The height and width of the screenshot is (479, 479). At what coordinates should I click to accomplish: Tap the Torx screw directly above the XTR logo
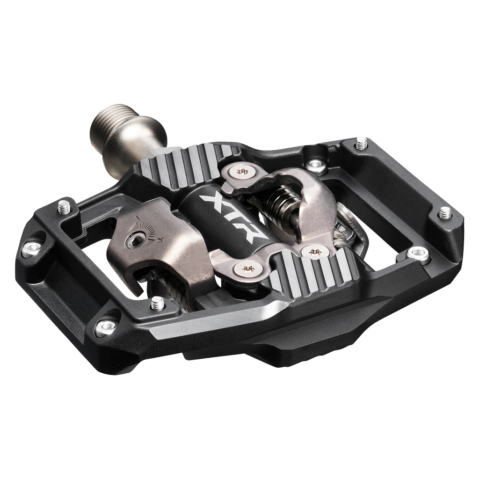(x=242, y=172)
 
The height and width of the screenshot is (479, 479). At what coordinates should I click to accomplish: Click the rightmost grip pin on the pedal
(x=445, y=213)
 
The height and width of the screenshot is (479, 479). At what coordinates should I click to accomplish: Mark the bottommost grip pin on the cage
(x=157, y=305)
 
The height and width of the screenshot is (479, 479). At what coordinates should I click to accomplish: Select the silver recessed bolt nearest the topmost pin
(x=317, y=164)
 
